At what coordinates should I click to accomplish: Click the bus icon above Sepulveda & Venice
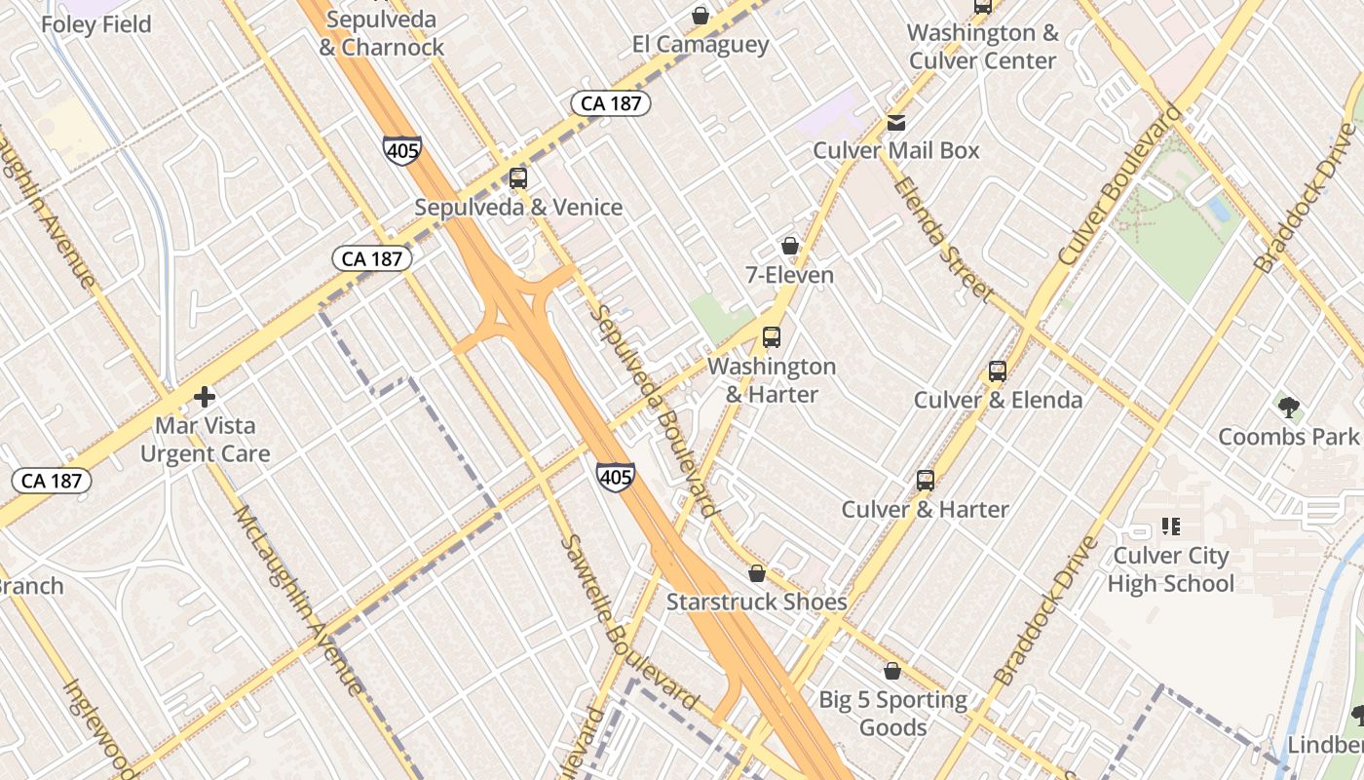coord(518,178)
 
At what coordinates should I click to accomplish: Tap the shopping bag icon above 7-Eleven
coord(790,246)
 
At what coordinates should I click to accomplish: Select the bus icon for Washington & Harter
coord(772,337)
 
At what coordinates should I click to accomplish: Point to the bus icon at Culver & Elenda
coord(997,371)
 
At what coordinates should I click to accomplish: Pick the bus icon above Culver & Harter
coord(925,481)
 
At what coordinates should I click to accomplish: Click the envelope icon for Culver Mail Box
coord(896,123)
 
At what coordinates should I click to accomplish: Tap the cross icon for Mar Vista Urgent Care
coord(205,397)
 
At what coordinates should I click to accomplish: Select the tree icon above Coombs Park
coord(1288,407)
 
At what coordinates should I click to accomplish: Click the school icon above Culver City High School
coord(1170,527)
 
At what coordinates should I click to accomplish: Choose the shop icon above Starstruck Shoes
coord(757,573)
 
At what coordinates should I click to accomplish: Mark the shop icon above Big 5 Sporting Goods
coord(891,671)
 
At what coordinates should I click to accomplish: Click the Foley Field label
coord(96,24)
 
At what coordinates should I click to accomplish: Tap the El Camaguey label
coord(701,44)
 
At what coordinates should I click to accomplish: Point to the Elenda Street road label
coord(942,238)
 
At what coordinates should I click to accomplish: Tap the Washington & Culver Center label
coord(982,46)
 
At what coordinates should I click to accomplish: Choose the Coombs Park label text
coord(1288,436)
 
